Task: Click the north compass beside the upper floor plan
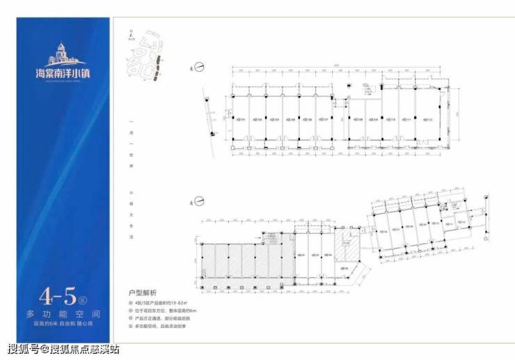pos(197,67)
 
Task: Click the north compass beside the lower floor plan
pos(197,203)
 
